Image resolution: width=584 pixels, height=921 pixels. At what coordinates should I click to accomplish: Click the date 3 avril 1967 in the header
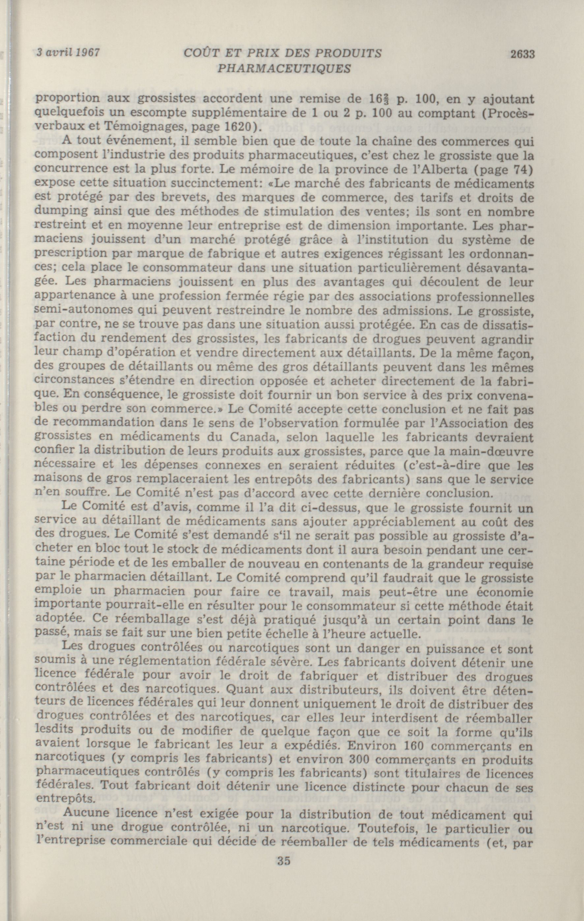pyautogui.click(x=67, y=52)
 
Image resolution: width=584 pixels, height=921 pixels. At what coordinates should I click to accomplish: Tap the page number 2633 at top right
pyautogui.click(x=522, y=54)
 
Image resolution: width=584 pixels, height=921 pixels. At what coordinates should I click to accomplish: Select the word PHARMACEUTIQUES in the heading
pyautogui.click(x=284, y=69)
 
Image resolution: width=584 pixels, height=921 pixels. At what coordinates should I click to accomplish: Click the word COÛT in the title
pyautogui.click(x=200, y=53)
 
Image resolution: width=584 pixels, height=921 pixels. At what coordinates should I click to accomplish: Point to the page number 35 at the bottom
pyautogui.click(x=284, y=890)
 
